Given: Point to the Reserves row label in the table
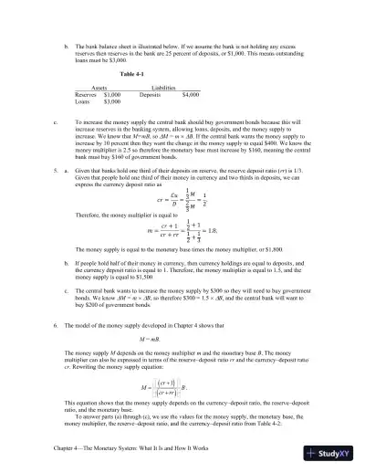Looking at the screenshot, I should click(x=86, y=94).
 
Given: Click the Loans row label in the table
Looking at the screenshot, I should click(x=83, y=102).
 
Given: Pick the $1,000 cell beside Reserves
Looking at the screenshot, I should click(x=112, y=94).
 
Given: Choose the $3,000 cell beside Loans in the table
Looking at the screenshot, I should click(x=112, y=102).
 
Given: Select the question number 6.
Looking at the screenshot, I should click(x=57, y=326).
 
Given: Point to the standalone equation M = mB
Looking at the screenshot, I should click(x=139, y=340).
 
